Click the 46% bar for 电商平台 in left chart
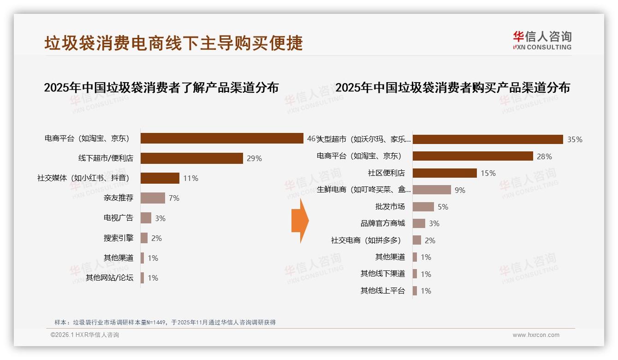coord(221,138)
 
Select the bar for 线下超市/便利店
coord(191,158)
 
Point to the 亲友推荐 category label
coord(119,198)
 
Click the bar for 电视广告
coord(146,218)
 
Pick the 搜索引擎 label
coord(119,238)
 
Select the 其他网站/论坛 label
coord(109,278)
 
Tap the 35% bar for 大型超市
coord(487,139)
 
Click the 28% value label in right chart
coord(544,156)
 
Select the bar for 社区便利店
coord(445,173)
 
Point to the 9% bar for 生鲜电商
coord(432,190)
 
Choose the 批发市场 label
coord(390,207)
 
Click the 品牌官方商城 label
coord(383,223)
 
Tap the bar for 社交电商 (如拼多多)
coord(417,240)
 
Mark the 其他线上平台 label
coord(383,291)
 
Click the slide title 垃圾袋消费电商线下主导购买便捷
coord(173,43)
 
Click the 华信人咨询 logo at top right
coord(542,41)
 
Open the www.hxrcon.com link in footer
coord(536,335)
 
